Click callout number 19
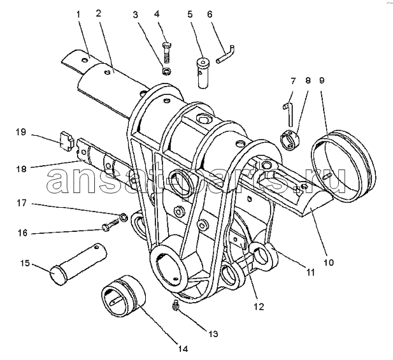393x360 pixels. [x=21, y=133]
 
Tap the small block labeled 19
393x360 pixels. [x=67, y=142]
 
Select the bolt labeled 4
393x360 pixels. [x=166, y=52]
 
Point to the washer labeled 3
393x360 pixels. [x=166, y=71]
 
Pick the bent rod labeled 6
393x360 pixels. [x=225, y=55]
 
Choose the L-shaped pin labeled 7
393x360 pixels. [x=289, y=114]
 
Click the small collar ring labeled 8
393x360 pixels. [x=289, y=140]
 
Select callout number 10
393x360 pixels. [x=329, y=263]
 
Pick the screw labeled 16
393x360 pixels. [x=110, y=224]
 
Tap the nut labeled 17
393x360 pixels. [x=124, y=217]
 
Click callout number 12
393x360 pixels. [x=259, y=306]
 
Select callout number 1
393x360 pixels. [x=78, y=14]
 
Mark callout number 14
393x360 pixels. [x=183, y=349]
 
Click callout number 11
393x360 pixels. [x=310, y=272]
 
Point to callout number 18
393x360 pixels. [x=21, y=169]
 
